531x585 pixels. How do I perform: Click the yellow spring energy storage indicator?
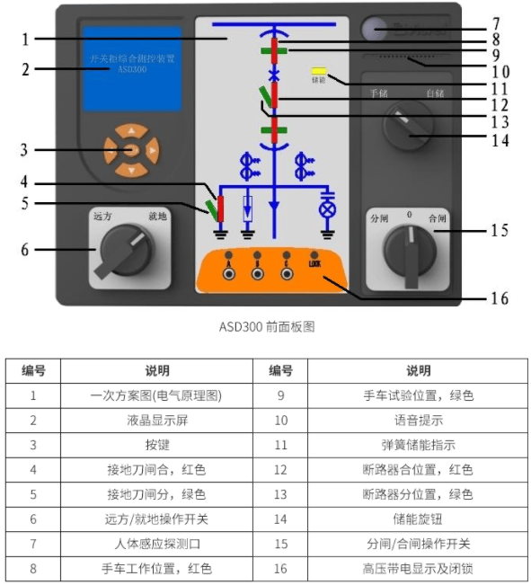coord(318,70)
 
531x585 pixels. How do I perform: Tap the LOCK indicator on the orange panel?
coord(314,263)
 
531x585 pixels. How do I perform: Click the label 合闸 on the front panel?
coord(437,218)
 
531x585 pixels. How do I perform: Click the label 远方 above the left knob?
coord(102,217)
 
